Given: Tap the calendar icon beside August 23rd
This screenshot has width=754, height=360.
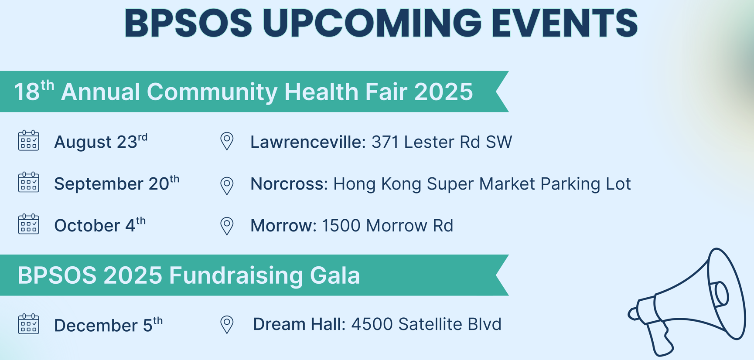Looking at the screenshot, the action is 28,140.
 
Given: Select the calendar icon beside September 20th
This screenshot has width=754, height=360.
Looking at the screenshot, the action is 28,182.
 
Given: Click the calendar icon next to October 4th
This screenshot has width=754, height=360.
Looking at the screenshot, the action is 28,224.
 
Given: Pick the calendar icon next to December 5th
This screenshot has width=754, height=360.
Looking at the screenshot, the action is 28,324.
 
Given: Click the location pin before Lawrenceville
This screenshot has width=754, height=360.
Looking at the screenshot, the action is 227,141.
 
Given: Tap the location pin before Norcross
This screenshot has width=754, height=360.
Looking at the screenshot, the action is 227,186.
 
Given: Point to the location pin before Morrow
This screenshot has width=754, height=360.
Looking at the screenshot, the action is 227,226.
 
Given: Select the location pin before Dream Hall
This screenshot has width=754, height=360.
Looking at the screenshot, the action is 227,325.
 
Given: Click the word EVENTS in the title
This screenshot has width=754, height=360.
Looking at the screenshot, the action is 564,23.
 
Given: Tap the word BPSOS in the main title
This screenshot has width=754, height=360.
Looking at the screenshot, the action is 188,23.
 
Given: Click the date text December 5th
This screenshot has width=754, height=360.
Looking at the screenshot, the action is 108,325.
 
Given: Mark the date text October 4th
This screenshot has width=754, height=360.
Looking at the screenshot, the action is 100,225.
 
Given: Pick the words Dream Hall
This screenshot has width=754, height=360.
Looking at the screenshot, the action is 299,324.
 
